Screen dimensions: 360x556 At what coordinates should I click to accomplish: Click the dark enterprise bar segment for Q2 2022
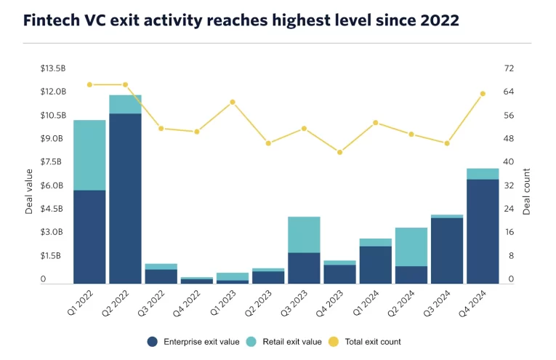pos(125,198)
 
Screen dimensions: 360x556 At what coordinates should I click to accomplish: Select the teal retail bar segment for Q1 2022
pos(89,155)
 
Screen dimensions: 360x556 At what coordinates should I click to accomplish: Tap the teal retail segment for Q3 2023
pos(304,234)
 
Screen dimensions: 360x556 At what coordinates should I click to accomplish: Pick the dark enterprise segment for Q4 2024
pos(483,231)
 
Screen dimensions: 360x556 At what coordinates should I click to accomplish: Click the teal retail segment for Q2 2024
pos(411,247)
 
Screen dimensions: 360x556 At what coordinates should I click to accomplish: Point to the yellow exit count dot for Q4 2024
pos(483,94)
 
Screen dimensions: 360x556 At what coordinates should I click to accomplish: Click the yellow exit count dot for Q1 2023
pos(233,102)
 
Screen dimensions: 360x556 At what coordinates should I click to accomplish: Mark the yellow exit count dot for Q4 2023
pos(339,152)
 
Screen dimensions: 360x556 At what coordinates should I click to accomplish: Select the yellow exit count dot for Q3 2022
pos(161,129)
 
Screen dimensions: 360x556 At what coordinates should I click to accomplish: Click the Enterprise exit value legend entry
pos(194,341)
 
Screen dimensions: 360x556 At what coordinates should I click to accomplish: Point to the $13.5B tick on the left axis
pos(52,68)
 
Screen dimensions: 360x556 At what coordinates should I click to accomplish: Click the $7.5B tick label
pos(52,162)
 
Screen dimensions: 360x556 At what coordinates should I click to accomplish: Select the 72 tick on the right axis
pos(509,68)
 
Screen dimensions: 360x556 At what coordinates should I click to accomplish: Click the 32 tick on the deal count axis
pos(509,185)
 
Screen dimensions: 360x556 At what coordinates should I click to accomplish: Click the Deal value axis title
pos(30,191)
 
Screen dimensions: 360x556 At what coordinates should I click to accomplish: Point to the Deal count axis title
pos(527,191)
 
